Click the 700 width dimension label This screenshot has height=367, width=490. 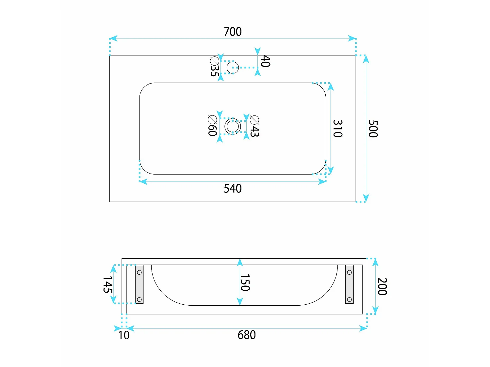tap(233, 32)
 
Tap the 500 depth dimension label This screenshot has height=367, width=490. tap(373, 129)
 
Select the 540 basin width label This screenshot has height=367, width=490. tap(233, 189)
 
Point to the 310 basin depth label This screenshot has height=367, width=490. tap(338, 129)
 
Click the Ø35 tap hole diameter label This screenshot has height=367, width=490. tap(215, 67)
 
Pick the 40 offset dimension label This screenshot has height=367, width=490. tap(266, 61)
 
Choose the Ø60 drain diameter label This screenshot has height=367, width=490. tap(212, 126)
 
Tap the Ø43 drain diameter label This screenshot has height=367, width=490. tap(254, 126)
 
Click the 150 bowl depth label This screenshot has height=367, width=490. tap(245, 283)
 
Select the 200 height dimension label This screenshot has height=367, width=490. tap(382, 286)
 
